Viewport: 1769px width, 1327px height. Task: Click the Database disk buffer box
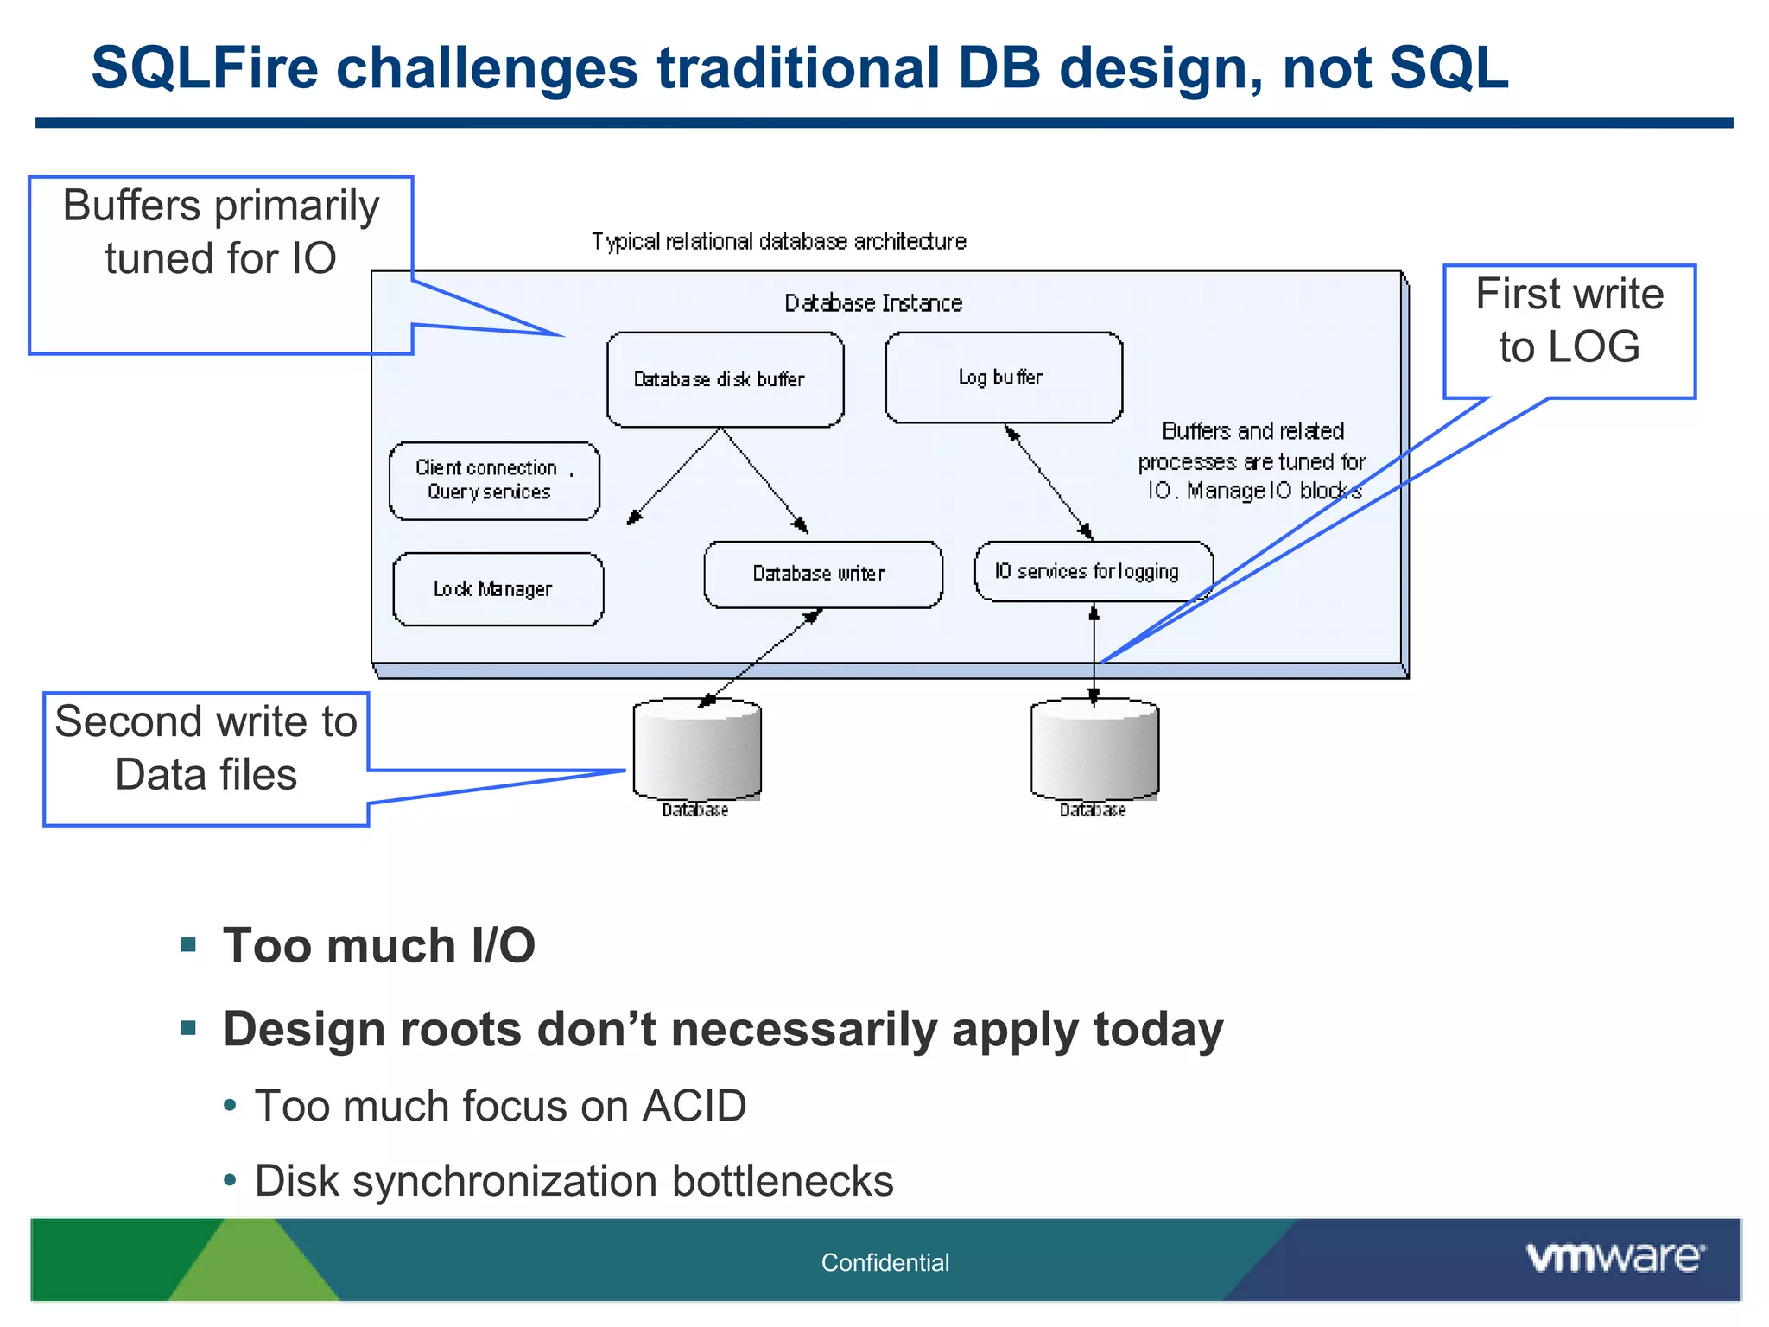click(725, 379)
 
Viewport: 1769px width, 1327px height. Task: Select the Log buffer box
click(1004, 378)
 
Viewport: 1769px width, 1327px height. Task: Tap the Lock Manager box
click(498, 589)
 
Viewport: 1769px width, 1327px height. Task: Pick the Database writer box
click(822, 575)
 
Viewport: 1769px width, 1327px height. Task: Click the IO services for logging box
click(1093, 571)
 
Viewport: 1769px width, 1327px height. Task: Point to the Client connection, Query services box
click(493, 480)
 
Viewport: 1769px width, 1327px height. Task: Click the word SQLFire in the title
click(206, 68)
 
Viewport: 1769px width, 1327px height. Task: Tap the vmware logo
click(1614, 1257)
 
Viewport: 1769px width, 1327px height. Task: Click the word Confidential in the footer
click(884, 1262)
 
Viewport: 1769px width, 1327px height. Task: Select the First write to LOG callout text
click(1569, 320)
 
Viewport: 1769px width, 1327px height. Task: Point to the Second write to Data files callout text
click(206, 747)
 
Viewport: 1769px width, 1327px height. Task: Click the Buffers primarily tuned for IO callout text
click(220, 232)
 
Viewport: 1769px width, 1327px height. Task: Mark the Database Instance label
click(872, 303)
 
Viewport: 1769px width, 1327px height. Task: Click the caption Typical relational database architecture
click(778, 241)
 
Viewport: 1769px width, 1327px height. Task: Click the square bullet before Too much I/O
click(189, 944)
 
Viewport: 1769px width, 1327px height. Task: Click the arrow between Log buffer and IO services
click(1049, 482)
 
